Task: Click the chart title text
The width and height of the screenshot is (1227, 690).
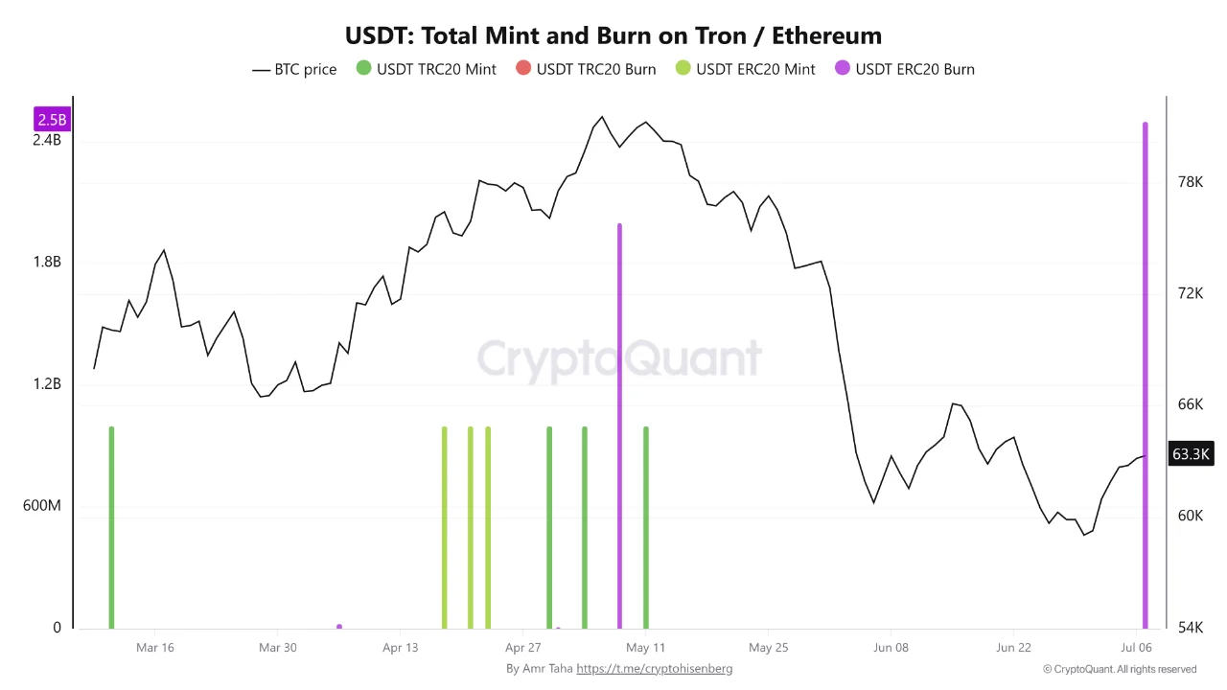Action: pos(613,35)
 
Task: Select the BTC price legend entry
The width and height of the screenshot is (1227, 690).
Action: pos(294,70)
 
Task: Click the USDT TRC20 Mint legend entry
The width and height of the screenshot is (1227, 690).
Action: pos(427,69)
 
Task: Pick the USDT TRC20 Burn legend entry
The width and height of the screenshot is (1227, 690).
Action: pos(586,69)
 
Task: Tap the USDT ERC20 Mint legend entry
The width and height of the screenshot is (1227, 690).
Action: pos(746,69)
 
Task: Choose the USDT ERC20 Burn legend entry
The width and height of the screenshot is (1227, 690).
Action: pos(905,69)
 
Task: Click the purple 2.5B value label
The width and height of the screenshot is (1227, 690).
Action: pos(52,119)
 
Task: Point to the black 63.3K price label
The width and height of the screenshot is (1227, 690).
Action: pos(1191,453)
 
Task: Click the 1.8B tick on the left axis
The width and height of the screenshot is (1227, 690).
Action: pos(47,262)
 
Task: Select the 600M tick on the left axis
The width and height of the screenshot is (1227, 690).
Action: pos(41,505)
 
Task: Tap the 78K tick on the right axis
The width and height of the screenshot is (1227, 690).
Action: pos(1191,182)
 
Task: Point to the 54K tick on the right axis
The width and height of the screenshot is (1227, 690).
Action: pos(1191,627)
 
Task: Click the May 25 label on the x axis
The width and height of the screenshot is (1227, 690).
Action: pos(768,647)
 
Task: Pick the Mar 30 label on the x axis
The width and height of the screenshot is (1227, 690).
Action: pos(278,647)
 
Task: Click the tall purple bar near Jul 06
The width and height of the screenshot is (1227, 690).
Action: pos(1145,375)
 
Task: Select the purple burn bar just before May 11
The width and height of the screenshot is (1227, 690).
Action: pos(619,426)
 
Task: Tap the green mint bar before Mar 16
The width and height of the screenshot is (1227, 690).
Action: pos(112,527)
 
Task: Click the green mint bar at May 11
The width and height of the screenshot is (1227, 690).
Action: pos(646,527)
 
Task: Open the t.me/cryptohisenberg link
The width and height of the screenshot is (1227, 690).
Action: pos(654,669)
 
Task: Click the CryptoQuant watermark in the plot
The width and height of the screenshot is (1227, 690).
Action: pos(619,358)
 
